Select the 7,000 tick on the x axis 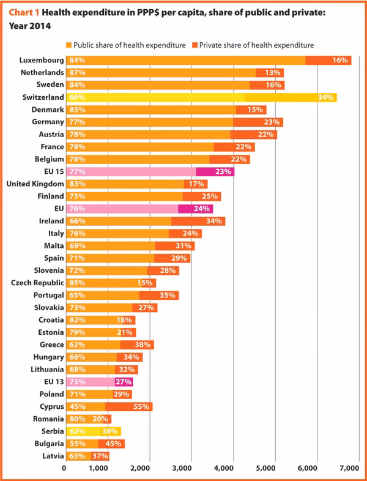click(349, 468)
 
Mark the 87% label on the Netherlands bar click(77, 73)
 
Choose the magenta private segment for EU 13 click(123, 382)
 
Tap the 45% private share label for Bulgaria click(113, 443)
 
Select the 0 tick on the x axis click(65, 468)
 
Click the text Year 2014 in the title click(29, 26)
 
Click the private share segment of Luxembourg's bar click(328, 61)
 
